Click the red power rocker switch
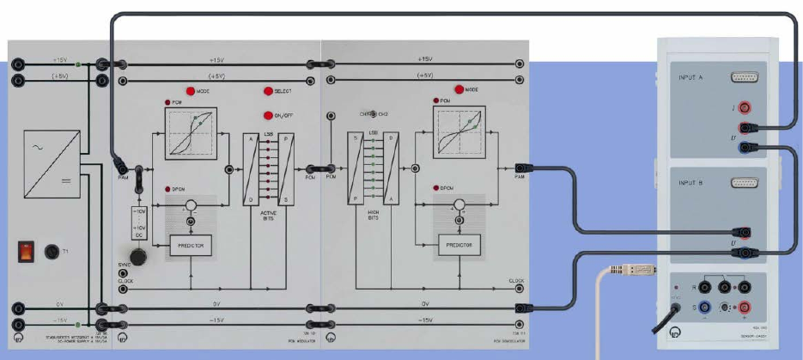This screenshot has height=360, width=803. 27,251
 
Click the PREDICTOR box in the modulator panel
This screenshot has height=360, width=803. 191,246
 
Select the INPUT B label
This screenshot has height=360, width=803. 689,182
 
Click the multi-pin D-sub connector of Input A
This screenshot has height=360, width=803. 744,77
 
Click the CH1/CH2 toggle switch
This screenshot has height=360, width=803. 374,113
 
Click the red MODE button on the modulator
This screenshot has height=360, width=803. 190,91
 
